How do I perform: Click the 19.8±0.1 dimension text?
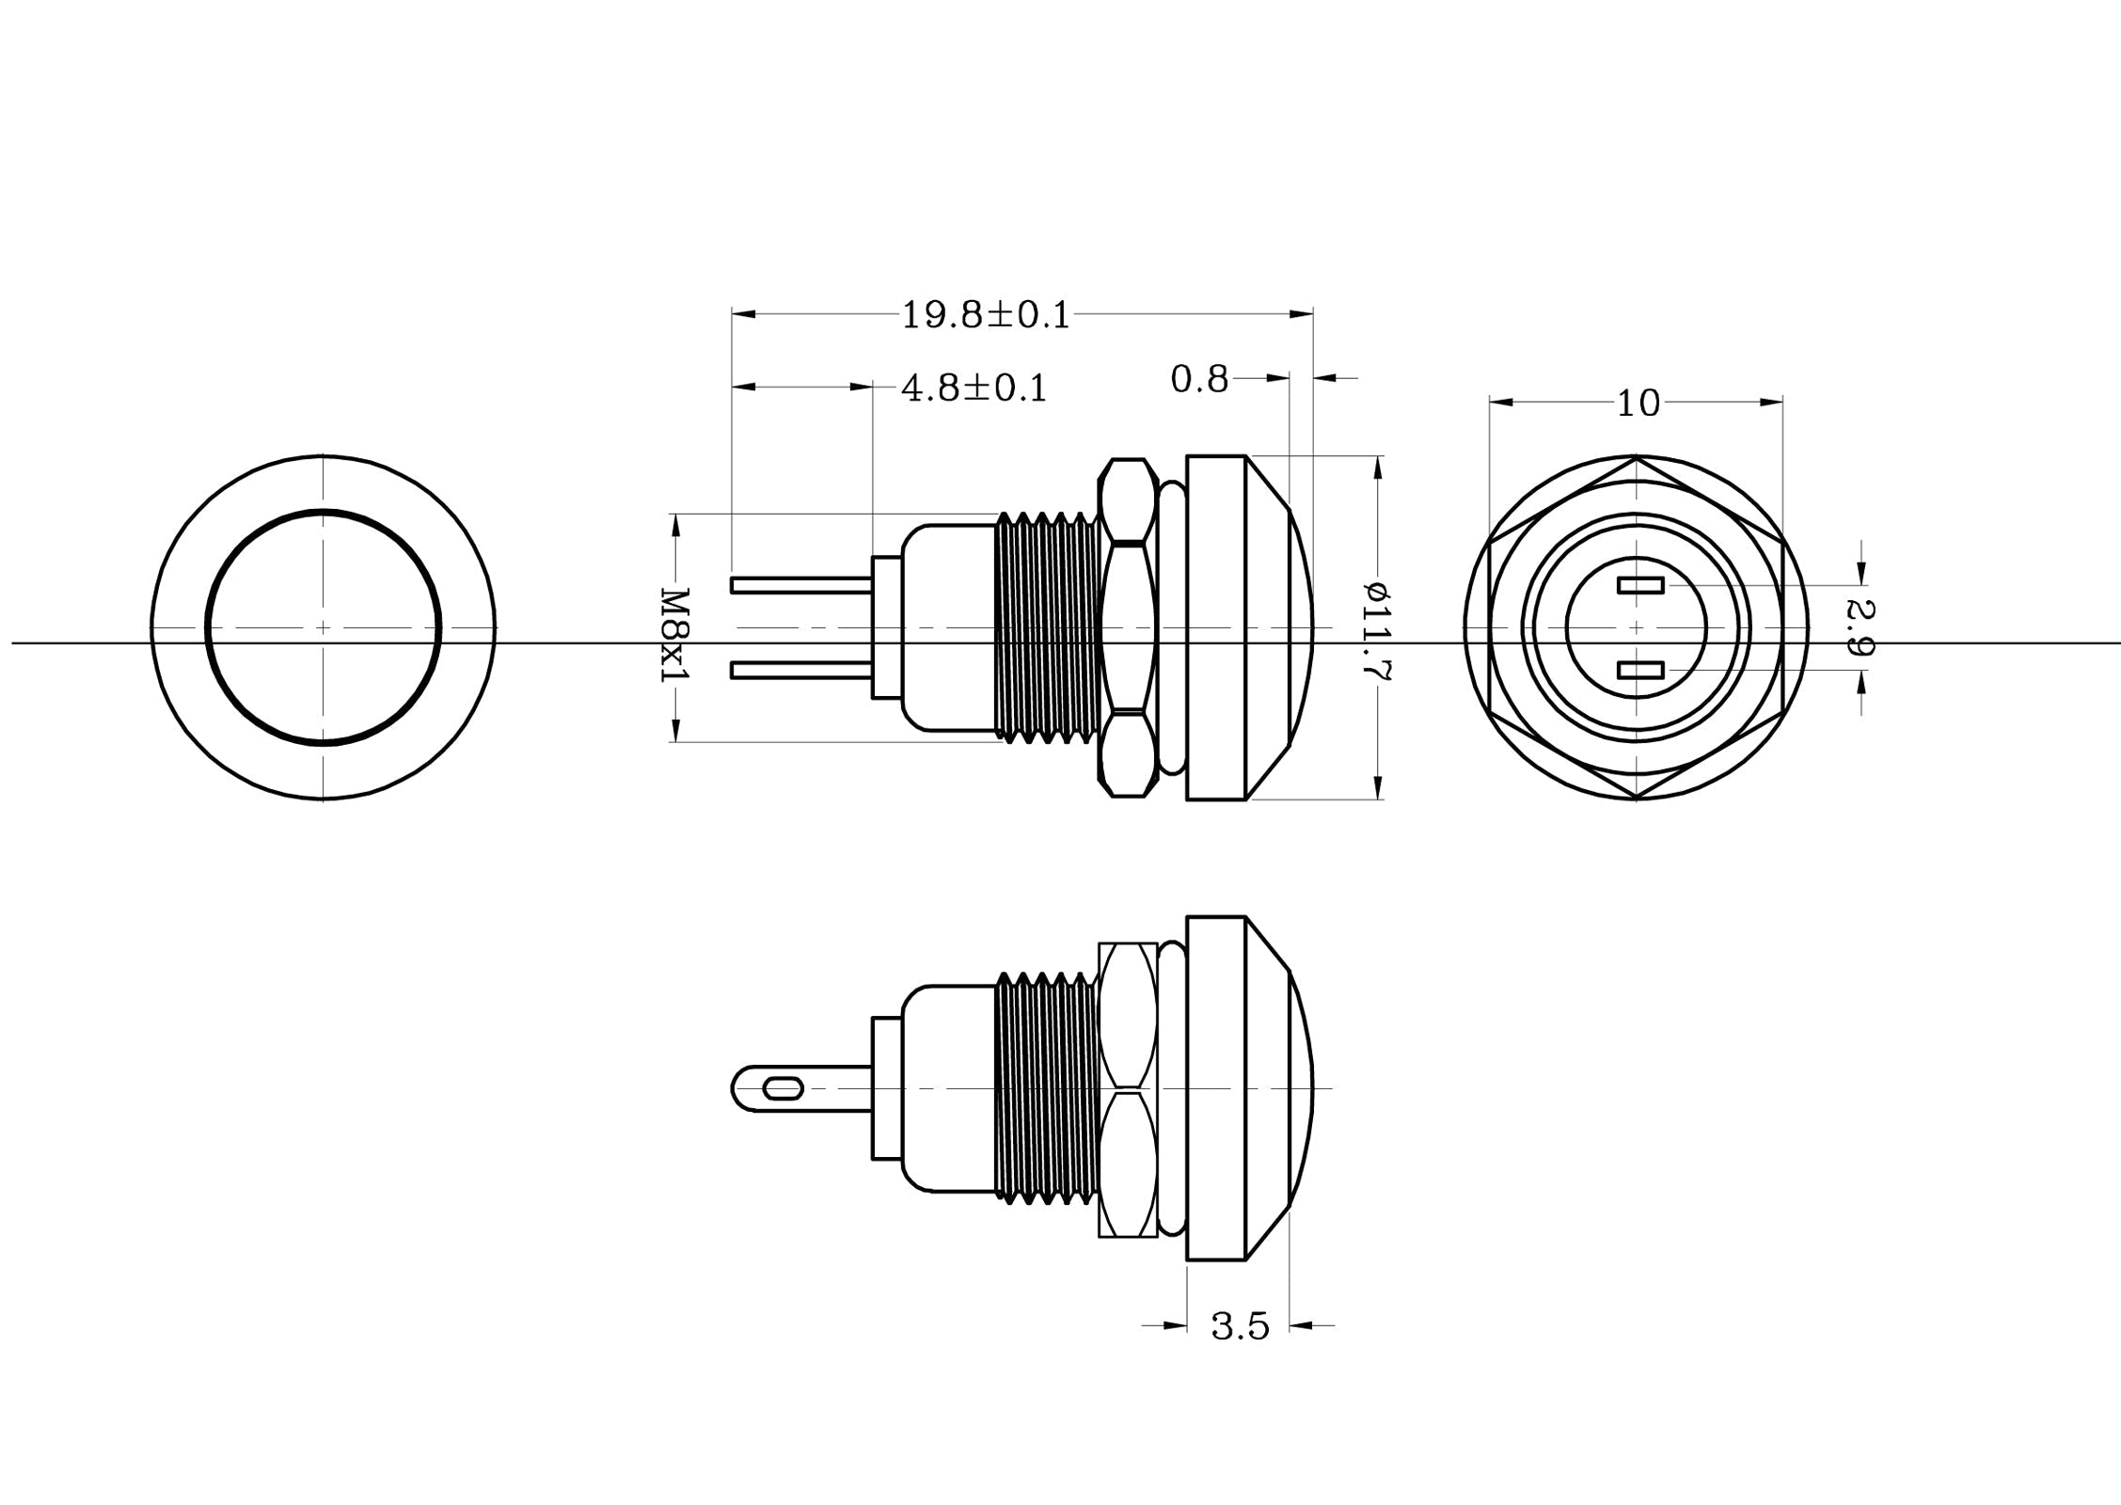point(986,315)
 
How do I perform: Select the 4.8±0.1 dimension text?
point(973,388)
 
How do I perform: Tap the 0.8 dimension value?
point(1199,379)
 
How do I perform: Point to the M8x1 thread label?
point(674,636)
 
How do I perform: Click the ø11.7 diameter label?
point(1378,630)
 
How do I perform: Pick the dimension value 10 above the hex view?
point(1638,404)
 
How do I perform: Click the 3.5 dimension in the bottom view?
point(1240,1327)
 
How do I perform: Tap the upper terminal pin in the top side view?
point(801,585)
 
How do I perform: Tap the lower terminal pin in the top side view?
point(801,670)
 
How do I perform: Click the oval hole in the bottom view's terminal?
point(784,1089)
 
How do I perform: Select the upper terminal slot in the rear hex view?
point(1640,585)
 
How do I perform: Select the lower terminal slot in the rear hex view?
point(1640,670)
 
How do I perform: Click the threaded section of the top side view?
point(1046,627)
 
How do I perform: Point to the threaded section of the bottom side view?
point(1046,1088)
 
